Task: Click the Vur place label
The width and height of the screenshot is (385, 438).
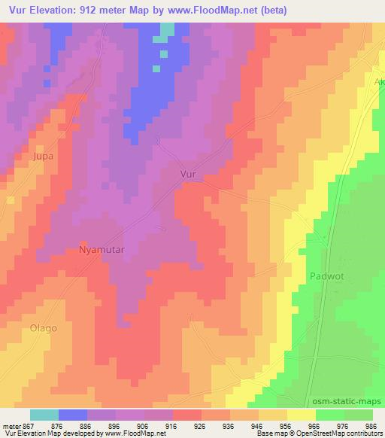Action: coord(189,174)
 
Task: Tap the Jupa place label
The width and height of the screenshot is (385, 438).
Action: coord(23,157)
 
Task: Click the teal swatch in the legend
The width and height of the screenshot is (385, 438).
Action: coord(44,415)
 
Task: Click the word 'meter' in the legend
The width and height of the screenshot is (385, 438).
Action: coord(10,424)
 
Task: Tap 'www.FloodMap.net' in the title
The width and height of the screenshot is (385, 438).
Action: coord(220,11)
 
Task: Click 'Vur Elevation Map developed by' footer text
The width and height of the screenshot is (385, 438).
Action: coord(56,433)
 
